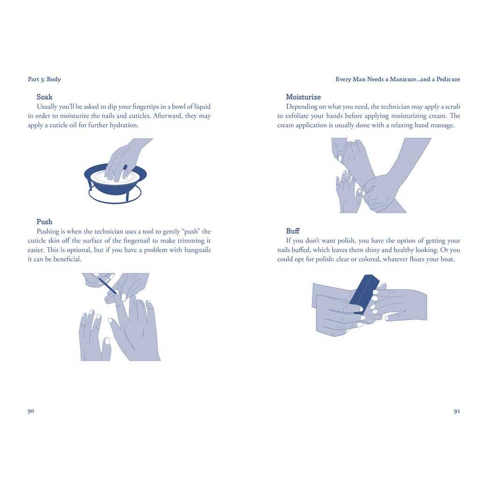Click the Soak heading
[44, 97]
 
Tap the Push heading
[44, 222]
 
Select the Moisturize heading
[304, 97]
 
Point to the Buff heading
[293, 231]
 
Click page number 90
[31, 411]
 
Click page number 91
[457, 411]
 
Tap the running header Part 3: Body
[44, 79]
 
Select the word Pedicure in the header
[448, 79]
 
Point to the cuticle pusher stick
[107, 286]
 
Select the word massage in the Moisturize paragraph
[442, 125]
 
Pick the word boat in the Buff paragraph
[447, 259]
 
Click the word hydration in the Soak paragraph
[124, 125]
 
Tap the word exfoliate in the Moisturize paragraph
[297, 116]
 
